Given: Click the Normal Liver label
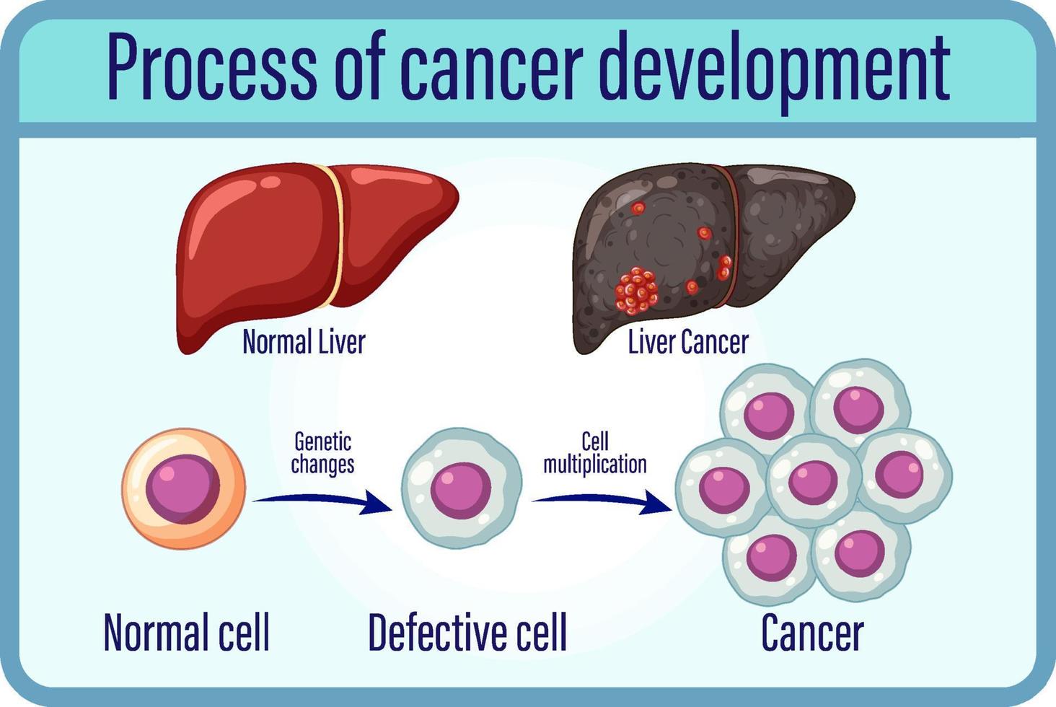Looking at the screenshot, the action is [x=304, y=342].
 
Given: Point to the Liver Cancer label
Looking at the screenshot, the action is [x=688, y=342].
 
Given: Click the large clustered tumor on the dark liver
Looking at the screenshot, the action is [x=636, y=291].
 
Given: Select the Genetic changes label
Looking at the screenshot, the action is [x=322, y=452].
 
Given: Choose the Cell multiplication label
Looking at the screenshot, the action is [x=595, y=452].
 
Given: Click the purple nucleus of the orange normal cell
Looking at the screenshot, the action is [x=182, y=488].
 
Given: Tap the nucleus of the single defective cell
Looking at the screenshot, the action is [x=461, y=489].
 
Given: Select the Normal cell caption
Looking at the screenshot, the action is [x=187, y=632].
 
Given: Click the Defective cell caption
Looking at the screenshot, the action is [x=467, y=632].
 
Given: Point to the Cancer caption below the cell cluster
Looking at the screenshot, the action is [x=812, y=633].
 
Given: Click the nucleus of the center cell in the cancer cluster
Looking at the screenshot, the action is [x=813, y=480].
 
